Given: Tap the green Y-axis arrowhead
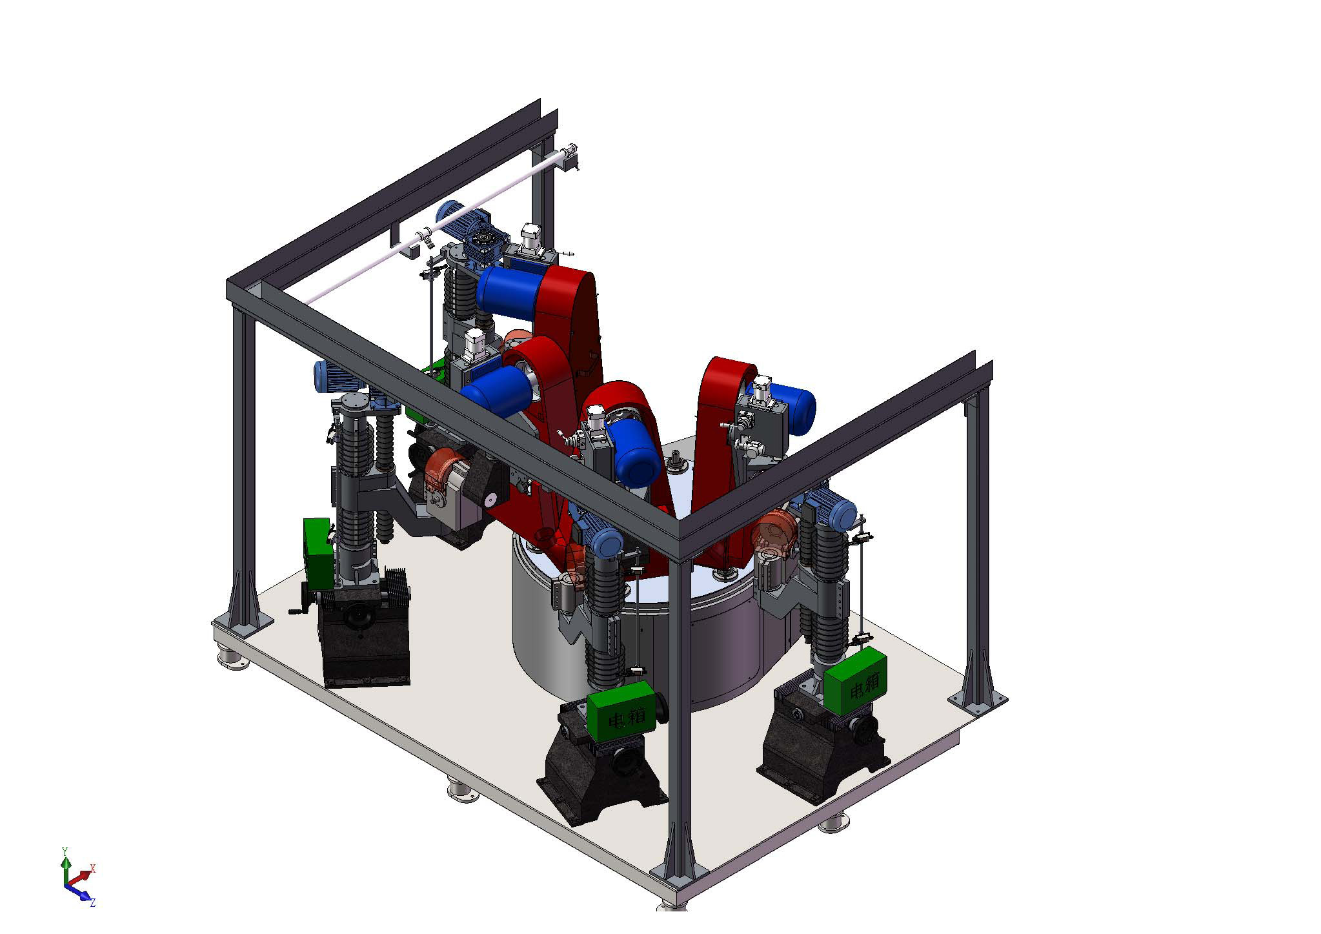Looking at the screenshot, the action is point(65,862).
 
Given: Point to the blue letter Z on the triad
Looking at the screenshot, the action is point(93,902).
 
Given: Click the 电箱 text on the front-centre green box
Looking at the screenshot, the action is point(618,717).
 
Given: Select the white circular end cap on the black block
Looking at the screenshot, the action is point(491,499).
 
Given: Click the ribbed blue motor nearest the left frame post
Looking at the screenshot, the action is point(330,376).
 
